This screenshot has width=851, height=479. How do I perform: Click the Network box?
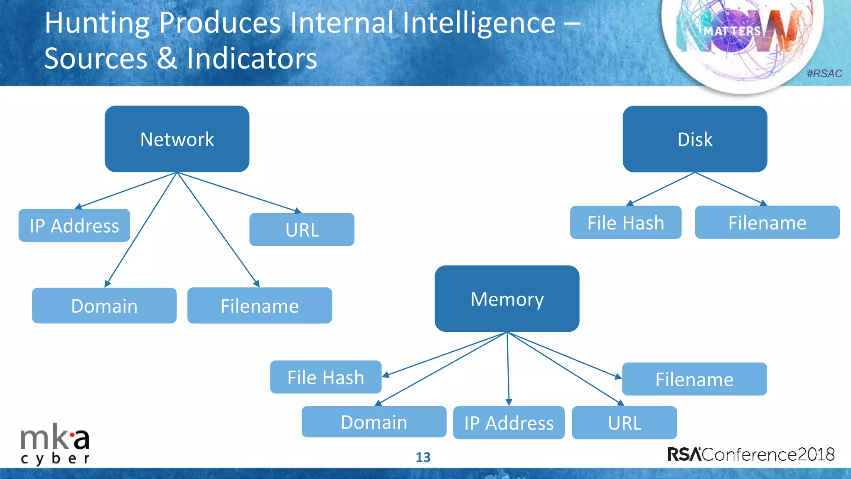pos(177,139)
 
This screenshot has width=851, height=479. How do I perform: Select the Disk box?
pos(695,139)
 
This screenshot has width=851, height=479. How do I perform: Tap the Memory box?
pos(507,299)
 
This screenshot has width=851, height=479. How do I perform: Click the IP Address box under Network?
pos(74,225)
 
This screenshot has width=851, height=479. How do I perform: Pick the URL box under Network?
pos(302,230)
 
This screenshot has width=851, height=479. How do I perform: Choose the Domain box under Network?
pos(104,306)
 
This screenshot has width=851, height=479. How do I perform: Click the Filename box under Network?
pos(260,306)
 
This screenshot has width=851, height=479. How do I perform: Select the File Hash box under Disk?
pos(625,222)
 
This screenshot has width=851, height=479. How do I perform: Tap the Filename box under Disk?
pos(767,222)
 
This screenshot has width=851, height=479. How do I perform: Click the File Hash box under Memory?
pos(326,377)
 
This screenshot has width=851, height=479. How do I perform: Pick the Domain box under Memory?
pos(374,422)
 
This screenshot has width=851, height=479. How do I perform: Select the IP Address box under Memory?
pos(509,423)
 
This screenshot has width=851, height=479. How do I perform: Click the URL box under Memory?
pos(624,423)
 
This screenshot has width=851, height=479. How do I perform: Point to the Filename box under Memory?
pos(694,379)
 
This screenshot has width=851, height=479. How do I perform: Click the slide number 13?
pos(423,457)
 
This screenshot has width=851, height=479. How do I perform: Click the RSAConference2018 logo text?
pos(751,454)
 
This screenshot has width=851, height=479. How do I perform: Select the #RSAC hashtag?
pos(824,74)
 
